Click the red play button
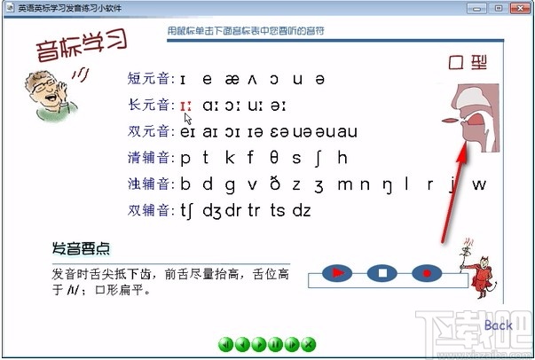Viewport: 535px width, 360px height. tap(337, 272)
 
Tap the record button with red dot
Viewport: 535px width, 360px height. tap(426, 272)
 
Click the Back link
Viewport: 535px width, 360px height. tap(498, 325)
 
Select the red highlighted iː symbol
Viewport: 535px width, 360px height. tap(185, 106)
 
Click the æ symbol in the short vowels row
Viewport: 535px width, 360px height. tap(233, 79)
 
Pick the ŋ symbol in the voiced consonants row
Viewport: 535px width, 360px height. tap(387, 184)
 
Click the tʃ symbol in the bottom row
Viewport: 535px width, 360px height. tap(187, 211)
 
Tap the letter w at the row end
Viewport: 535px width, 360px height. tap(479, 184)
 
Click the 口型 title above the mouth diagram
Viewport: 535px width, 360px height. tap(468, 62)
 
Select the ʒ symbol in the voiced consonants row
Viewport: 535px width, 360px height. tap(319, 184)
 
